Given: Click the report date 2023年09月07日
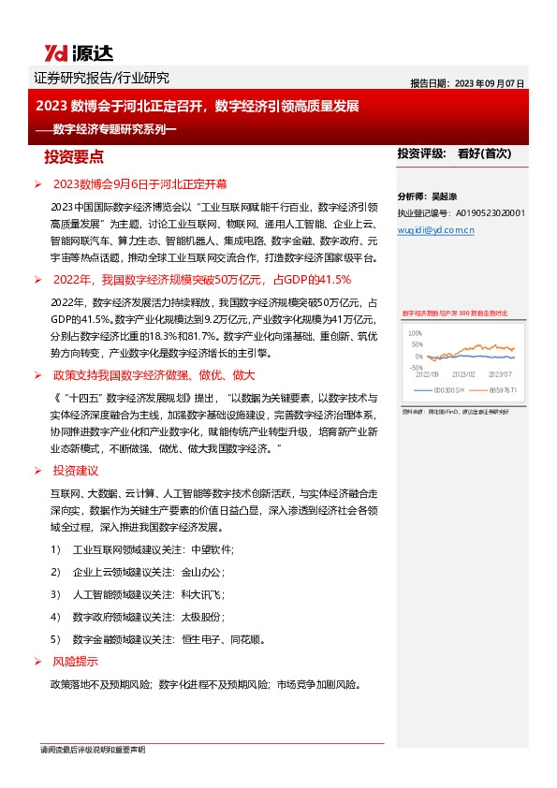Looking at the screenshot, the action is coord(491,82).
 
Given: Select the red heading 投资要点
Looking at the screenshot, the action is coord(81,155).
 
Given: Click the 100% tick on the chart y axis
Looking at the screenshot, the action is coord(416,333).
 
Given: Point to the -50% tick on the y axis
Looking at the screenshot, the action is coord(416,368).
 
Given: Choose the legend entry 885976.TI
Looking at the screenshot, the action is coord(496,389).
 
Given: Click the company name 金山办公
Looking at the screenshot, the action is coord(204,571).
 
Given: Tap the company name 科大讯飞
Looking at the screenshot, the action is coord(204,594).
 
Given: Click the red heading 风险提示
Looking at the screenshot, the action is coord(74,662).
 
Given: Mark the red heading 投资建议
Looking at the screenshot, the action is coord(74,471).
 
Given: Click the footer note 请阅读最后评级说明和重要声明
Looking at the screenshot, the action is coord(92,750).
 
